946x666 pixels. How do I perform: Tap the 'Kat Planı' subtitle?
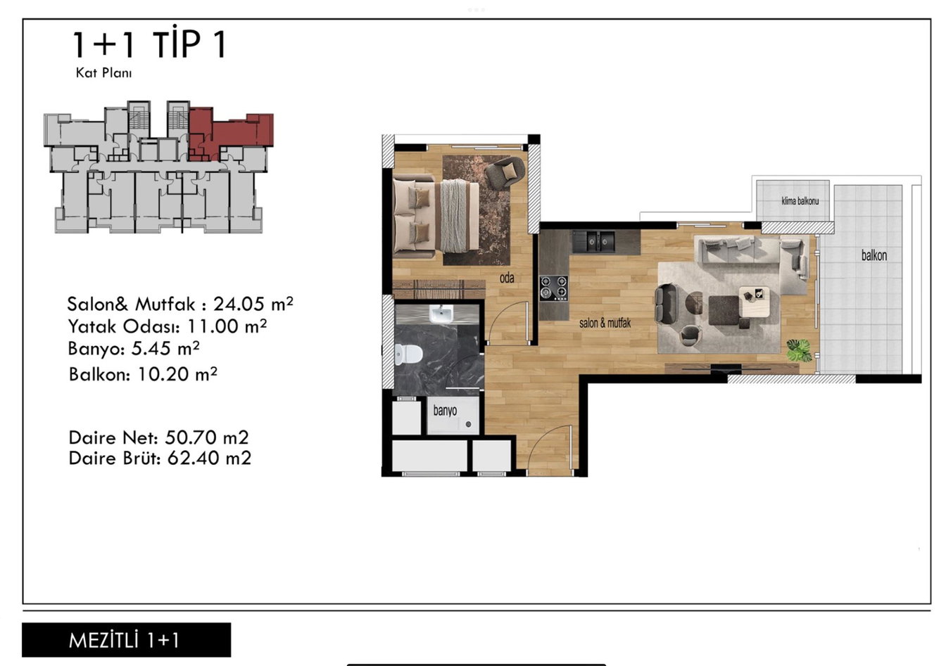[103, 73]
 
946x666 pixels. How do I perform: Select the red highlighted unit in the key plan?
[231, 132]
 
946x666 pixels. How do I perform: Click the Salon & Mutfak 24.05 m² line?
[180, 304]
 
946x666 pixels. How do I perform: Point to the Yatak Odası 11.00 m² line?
[168, 326]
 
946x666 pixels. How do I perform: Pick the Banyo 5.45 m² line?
[134, 349]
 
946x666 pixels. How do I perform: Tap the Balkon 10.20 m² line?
[143, 374]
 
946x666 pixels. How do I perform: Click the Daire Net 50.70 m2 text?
[158, 437]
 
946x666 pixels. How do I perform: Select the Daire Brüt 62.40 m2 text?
[160, 458]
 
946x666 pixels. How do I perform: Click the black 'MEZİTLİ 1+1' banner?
[126, 640]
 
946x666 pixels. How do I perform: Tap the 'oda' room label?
[507, 278]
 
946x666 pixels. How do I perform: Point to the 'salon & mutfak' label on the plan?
[605, 324]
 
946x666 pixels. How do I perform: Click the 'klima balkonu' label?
[800, 201]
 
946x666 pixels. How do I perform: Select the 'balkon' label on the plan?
[874, 255]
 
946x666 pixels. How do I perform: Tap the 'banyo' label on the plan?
[445, 410]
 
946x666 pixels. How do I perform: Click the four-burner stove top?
[554, 288]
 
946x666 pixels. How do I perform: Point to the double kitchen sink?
[593, 242]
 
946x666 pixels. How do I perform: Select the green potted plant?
[799, 350]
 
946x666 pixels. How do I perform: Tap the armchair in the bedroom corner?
[505, 172]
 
